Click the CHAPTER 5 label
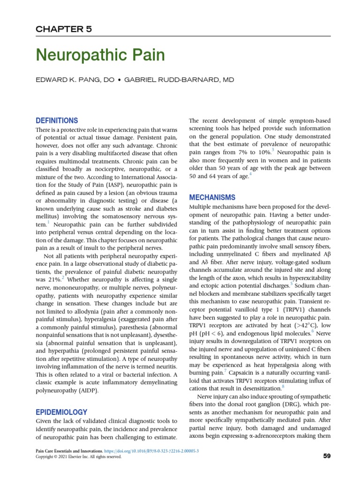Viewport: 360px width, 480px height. pyautogui.click(x=64, y=29)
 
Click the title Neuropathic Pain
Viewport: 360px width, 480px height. pyautogui.click(x=100, y=56)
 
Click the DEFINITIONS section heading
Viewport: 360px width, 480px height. pyautogui.click(x=57, y=120)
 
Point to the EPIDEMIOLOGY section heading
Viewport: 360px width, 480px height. pyautogui.click(x=61, y=412)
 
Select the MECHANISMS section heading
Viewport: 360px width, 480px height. pyautogui.click(x=212, y=197)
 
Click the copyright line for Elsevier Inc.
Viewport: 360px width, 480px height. pyautogui.click(x=78, y=457)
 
